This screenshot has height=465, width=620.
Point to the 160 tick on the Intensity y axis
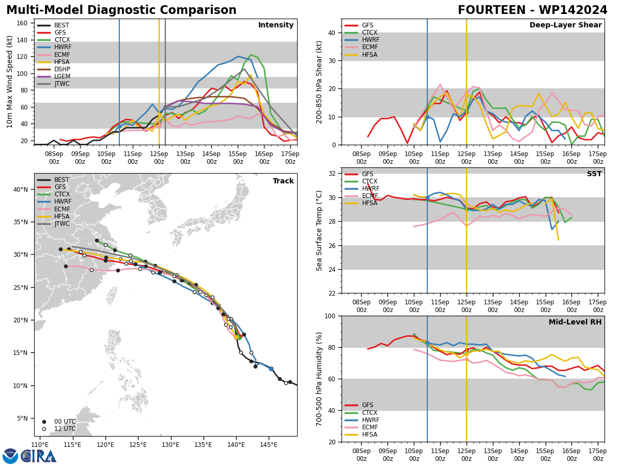pyautogui.click(x=22, y=23)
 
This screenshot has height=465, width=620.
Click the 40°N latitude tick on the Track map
pyautogui.click(x=21, y=190)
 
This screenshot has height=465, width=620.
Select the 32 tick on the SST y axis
pyautogui.click(x=332, y=174)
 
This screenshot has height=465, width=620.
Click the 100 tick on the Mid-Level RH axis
pyautogui.click(x=330, y=316)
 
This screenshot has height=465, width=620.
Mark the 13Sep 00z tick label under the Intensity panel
pyautogui.click(x=185, y=158)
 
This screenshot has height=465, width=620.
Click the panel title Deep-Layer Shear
pyautogui.click(x=565, y=25)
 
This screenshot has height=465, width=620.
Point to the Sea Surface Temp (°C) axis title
pyautogui.click(x=319, y=231)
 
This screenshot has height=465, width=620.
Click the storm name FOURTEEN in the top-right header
pyautogui.click(x=491, y=10)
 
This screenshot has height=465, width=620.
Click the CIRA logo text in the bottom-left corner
pyautogui.click(x=39, y=456)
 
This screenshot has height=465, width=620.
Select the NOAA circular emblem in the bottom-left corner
pyautogui.click(x=10, y=456)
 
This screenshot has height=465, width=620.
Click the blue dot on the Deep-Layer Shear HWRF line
pyautogui.click(x=427, y=117)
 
